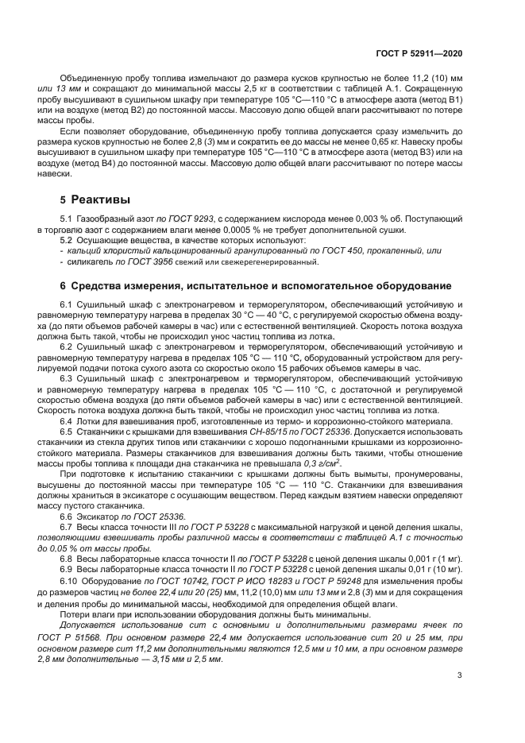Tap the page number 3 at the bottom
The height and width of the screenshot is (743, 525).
(460, 676)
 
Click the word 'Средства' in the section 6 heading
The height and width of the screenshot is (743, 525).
(98, 285)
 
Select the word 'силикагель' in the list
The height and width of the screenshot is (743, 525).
(91, 261)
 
